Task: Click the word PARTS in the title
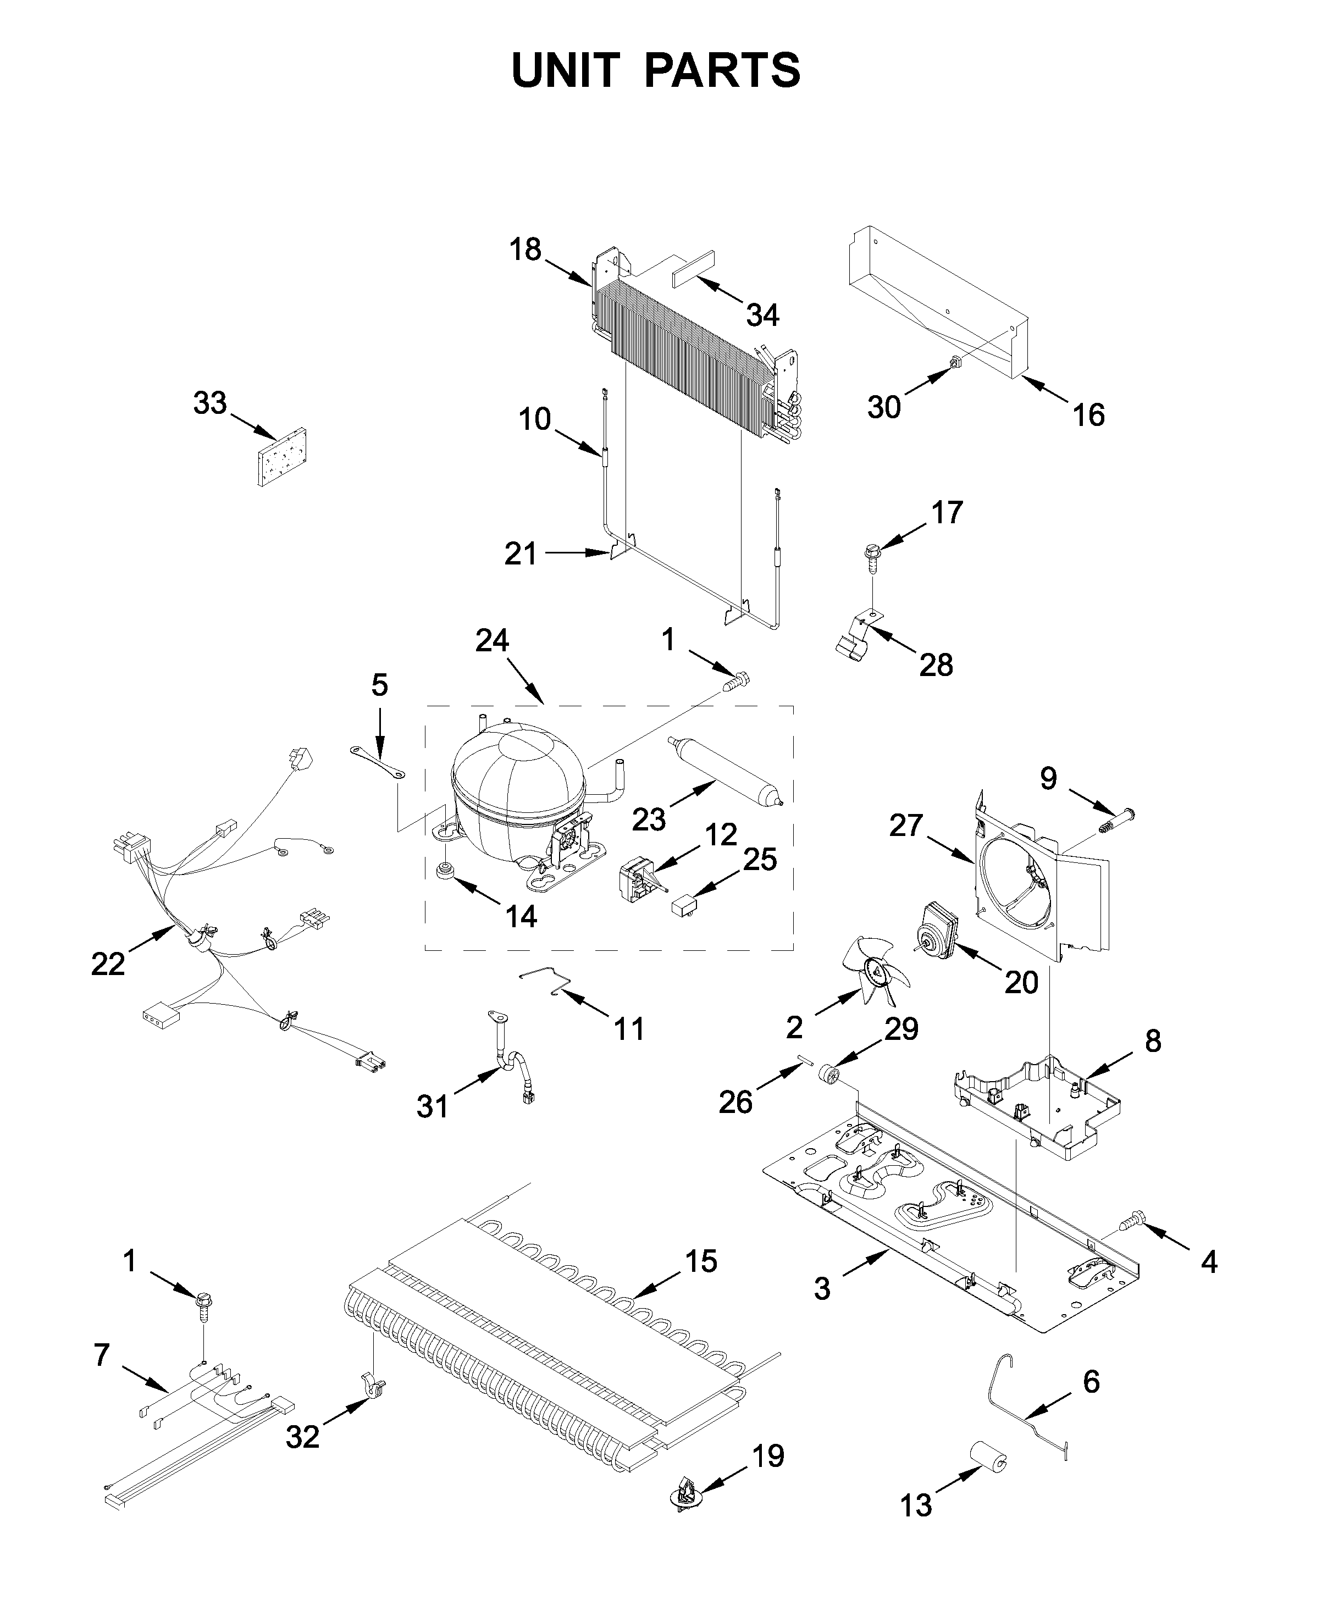722,71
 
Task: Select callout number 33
209,403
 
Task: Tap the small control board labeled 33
282,458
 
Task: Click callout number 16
1088,416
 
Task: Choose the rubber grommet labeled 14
444,872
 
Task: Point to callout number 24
492,640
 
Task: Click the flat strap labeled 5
379,764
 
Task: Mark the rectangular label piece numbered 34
693,268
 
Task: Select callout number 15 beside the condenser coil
700,1261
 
